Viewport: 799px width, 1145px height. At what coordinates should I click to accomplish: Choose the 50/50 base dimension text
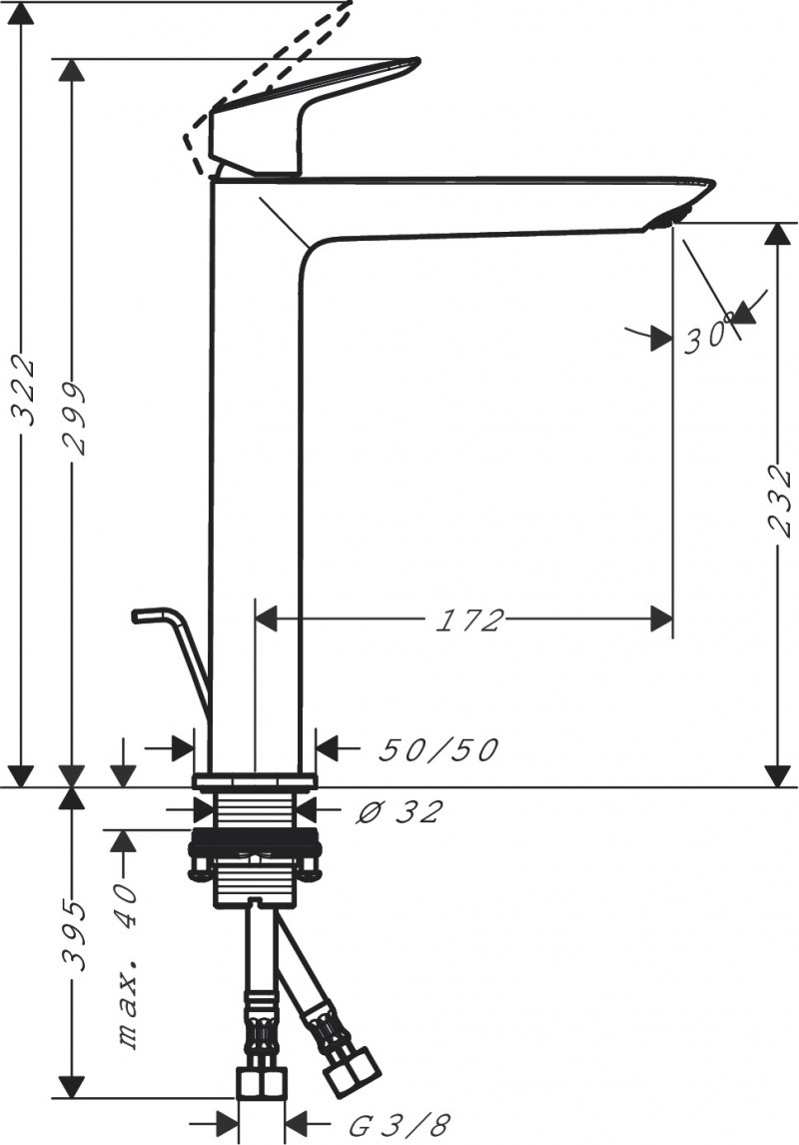coord(437,750)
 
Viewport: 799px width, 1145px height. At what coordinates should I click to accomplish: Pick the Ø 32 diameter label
coord(399,811)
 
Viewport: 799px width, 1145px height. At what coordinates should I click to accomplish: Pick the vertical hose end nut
coord(263,1083)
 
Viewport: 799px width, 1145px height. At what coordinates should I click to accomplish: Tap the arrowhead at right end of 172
coord(661,619)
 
